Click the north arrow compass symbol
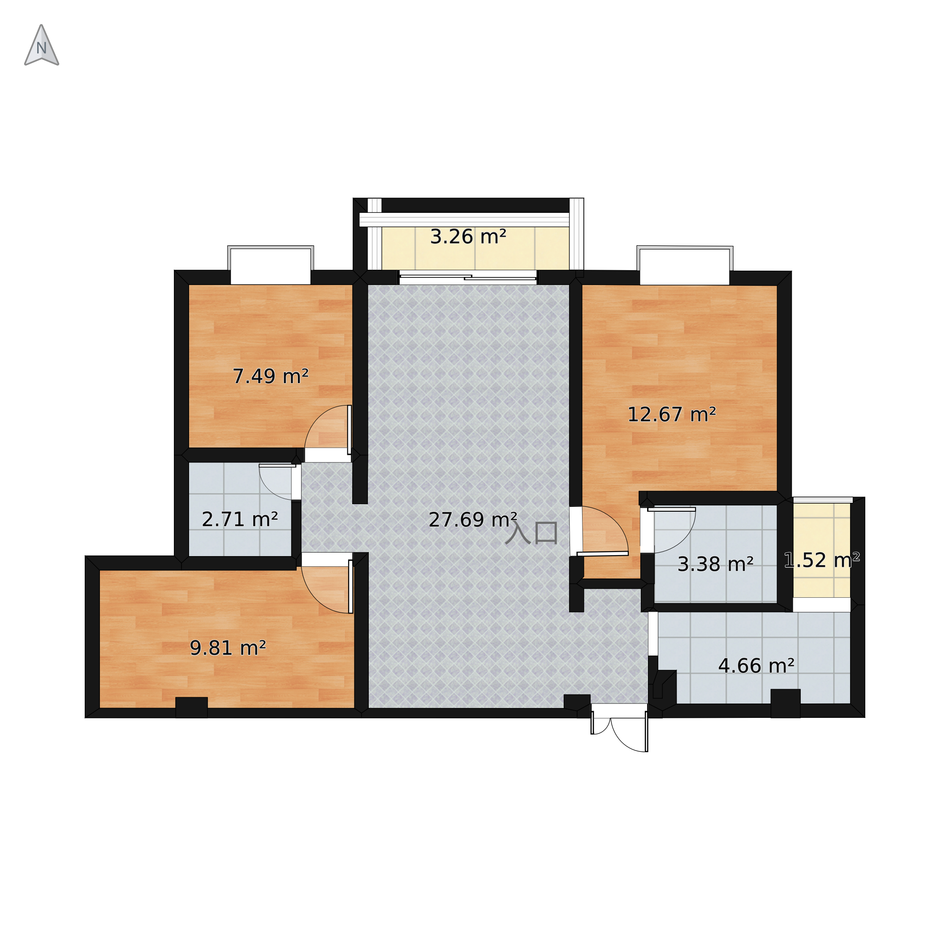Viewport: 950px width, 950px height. [42, 46]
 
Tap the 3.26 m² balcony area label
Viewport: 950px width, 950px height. [468, 237]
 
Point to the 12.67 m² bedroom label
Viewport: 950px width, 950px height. [671, 415]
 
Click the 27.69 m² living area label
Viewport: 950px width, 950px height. [473, 520]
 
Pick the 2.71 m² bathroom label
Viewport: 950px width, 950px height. [240, 520]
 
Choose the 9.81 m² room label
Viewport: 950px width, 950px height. [228, 648]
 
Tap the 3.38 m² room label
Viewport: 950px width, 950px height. [716, 564]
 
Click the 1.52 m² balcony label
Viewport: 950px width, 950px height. [822, 560]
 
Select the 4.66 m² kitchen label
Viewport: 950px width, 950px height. [756, 666]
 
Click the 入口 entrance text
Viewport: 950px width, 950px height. [531, 533]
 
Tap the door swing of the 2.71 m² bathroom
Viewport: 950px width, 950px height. [277, 482]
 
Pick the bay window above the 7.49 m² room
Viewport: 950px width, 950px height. [271, 264]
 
